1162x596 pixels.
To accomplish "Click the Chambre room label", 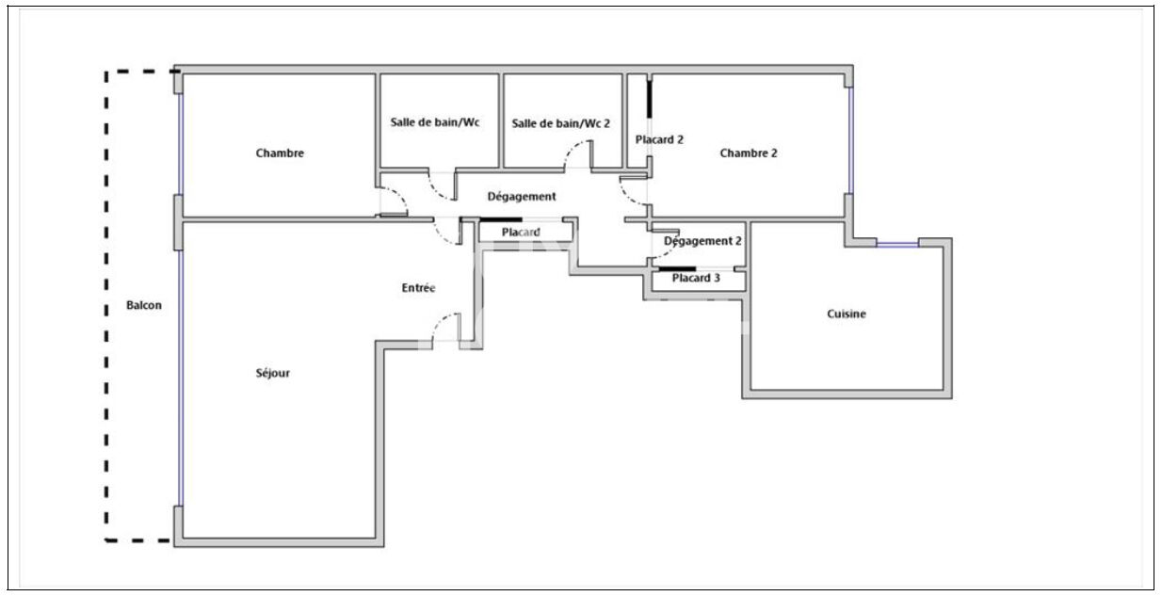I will pyautogui.click(x=280, y=153).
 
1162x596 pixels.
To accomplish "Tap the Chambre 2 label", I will pyautogui.click(x=749, y=153).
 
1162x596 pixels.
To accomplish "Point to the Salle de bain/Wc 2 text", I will pyautogui.click(x=560, y=123).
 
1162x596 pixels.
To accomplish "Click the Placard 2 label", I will pyautogui.click(x=659, y=139).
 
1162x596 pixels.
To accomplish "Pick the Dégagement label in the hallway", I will pyautogui.click(x=521, y=197).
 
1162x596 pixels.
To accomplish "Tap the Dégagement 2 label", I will pyautogui.click(x=702, y=241).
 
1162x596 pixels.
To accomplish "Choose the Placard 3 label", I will pyautogui.click(x=696, y=278).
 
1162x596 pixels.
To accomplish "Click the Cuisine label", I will pyautogui.click(x=847, y=314).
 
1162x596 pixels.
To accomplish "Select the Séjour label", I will pyautogui.click(x=273, y=373).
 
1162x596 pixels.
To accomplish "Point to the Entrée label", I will pyautogui.click(x=418, y=288).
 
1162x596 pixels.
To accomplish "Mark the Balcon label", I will pyautogui.click(x=144, y=305).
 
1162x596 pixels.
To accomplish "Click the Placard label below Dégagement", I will pyautogui.click(x=521, y=232).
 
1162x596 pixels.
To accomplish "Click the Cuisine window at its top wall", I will pyautogui.click(x=896, y=245).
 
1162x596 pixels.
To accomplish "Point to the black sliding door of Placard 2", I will pyautogui.click(x=649, y=99).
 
